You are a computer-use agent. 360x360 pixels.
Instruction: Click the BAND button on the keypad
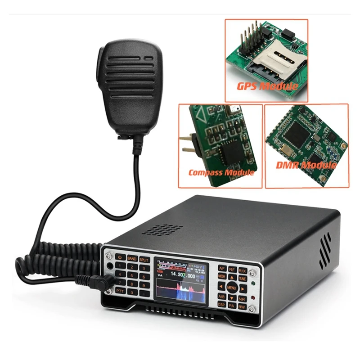click(x=132, y=259)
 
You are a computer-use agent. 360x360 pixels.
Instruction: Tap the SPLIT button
click(x=144, y=260)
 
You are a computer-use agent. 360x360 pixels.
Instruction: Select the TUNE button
click(x=242, y=279)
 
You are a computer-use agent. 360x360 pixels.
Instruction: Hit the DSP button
click(x=221, y=305)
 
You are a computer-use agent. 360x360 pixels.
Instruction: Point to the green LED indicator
click(x=255, y=284)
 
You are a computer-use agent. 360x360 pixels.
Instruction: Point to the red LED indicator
click(x=254, y=298)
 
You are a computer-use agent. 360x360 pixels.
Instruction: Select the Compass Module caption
click(x=221, y=172)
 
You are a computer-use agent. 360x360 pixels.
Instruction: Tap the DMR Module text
click(x=306, y=165)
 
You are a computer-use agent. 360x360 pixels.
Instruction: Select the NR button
click(x=242, y=298)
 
